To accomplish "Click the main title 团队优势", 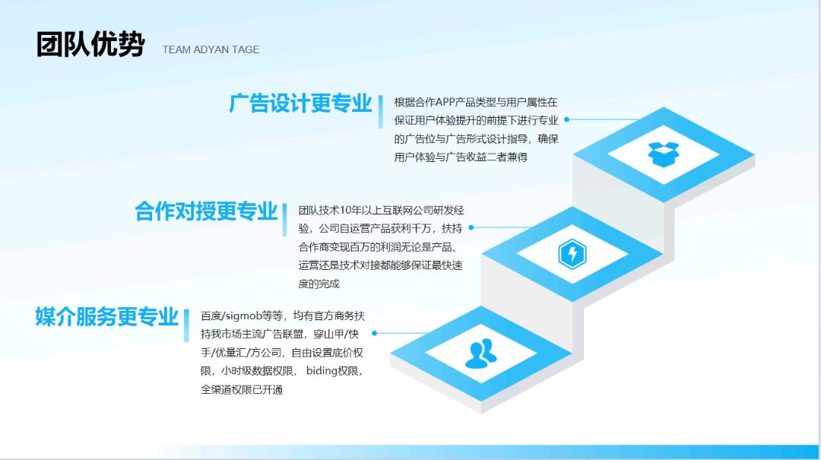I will [90, 45].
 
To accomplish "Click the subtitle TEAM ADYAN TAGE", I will [211, 49].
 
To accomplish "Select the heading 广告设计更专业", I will [300, 103].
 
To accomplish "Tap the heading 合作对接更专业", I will [206, 211].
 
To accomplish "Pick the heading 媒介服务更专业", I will [106, 317].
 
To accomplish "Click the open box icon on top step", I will [664, 154].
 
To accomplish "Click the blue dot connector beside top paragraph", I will [567, 119].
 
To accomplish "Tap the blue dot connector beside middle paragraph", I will [471, 227].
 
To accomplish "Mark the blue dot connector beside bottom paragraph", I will [375, 333].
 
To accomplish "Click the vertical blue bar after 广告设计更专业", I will [380, 113].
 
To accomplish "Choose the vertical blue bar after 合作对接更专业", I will [284, 220].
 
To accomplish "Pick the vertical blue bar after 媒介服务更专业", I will [186, 325].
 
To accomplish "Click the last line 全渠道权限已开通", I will [242, 390].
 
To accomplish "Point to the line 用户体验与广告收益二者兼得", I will [461, 157].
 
